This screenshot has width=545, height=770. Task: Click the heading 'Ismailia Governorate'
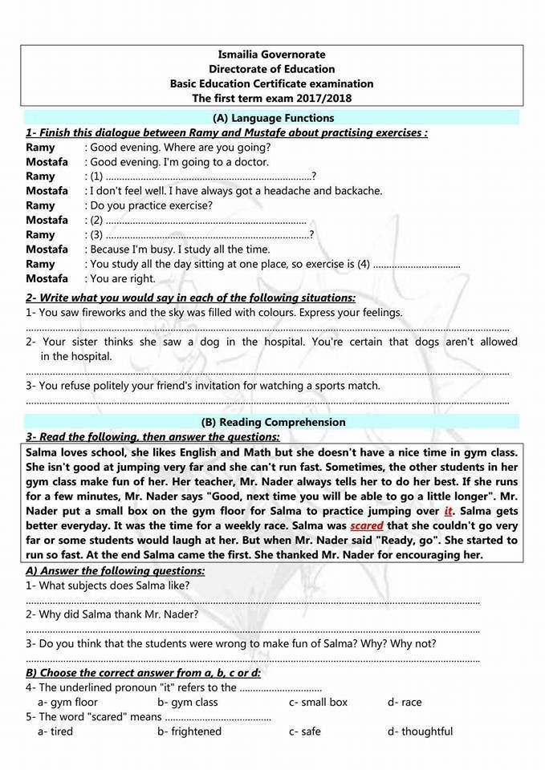pyautogui.click(x=272, y=55)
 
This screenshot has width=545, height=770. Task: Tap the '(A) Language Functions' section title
pyautogui.click(x=272, y=118)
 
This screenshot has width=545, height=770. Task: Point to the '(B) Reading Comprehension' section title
pyautogui.click(x=273, y=422)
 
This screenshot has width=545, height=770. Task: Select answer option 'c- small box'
pyautogui.click(x=318, y=702)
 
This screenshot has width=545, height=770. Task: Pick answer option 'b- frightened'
pyautogui.click(x=189, y=731)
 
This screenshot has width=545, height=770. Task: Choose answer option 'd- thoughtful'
pyautogui.click(x=420, y=731)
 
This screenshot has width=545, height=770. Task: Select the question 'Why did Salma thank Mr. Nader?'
pyautogui.click(x=112, y=614)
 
